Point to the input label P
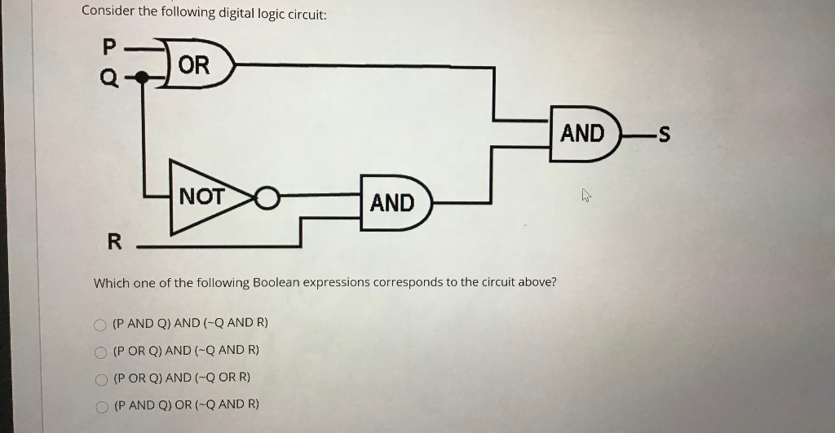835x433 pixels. (110, 46)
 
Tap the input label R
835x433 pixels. (115, 241)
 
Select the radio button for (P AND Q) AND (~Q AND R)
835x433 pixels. (100, 325)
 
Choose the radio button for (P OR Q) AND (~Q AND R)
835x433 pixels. (100, 352)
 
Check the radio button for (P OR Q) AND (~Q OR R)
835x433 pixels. (100, 379)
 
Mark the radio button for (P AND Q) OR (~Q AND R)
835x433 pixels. (100, 406)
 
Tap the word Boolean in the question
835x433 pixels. (277, 283)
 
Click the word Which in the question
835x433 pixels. (111, 283)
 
